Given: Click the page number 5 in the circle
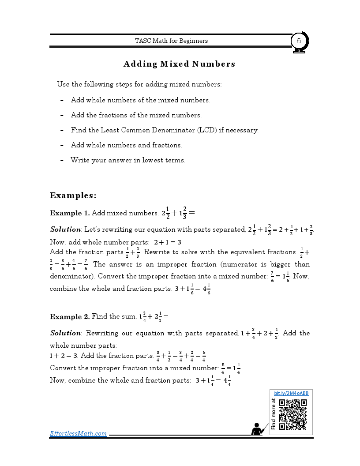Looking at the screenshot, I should pyautogui.click(x=299, y=41).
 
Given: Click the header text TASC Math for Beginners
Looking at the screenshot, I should pyautogui.click(x=171, y=41).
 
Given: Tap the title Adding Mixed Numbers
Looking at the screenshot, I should pyautogui.click(x=179, y=64).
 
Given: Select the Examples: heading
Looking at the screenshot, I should pyautogui.click(x=73, y=195).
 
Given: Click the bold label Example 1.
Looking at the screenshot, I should pyautogui.click(x=70, y=213).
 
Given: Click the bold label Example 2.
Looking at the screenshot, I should pyautogui.click(x=70, y=316).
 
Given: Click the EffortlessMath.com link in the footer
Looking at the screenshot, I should pyautogui.click(x=78, y=433).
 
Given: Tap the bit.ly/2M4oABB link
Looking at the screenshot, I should pyautogui.click(x=291, y=393).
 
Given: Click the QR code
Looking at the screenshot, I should pyautogui.click(x=293, y=414).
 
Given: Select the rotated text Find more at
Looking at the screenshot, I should pyautogui.click(x=274, y=414).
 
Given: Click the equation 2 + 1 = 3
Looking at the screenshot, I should pyautogui.click(x=168, y=242).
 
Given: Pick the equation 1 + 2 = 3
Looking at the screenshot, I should pyautogui.click(x=64, y=356).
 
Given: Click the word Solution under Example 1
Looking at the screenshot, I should pyautogui.click(x=65, y=229).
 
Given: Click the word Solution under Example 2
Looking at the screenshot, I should pyautogui.click(x=65, y=333).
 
